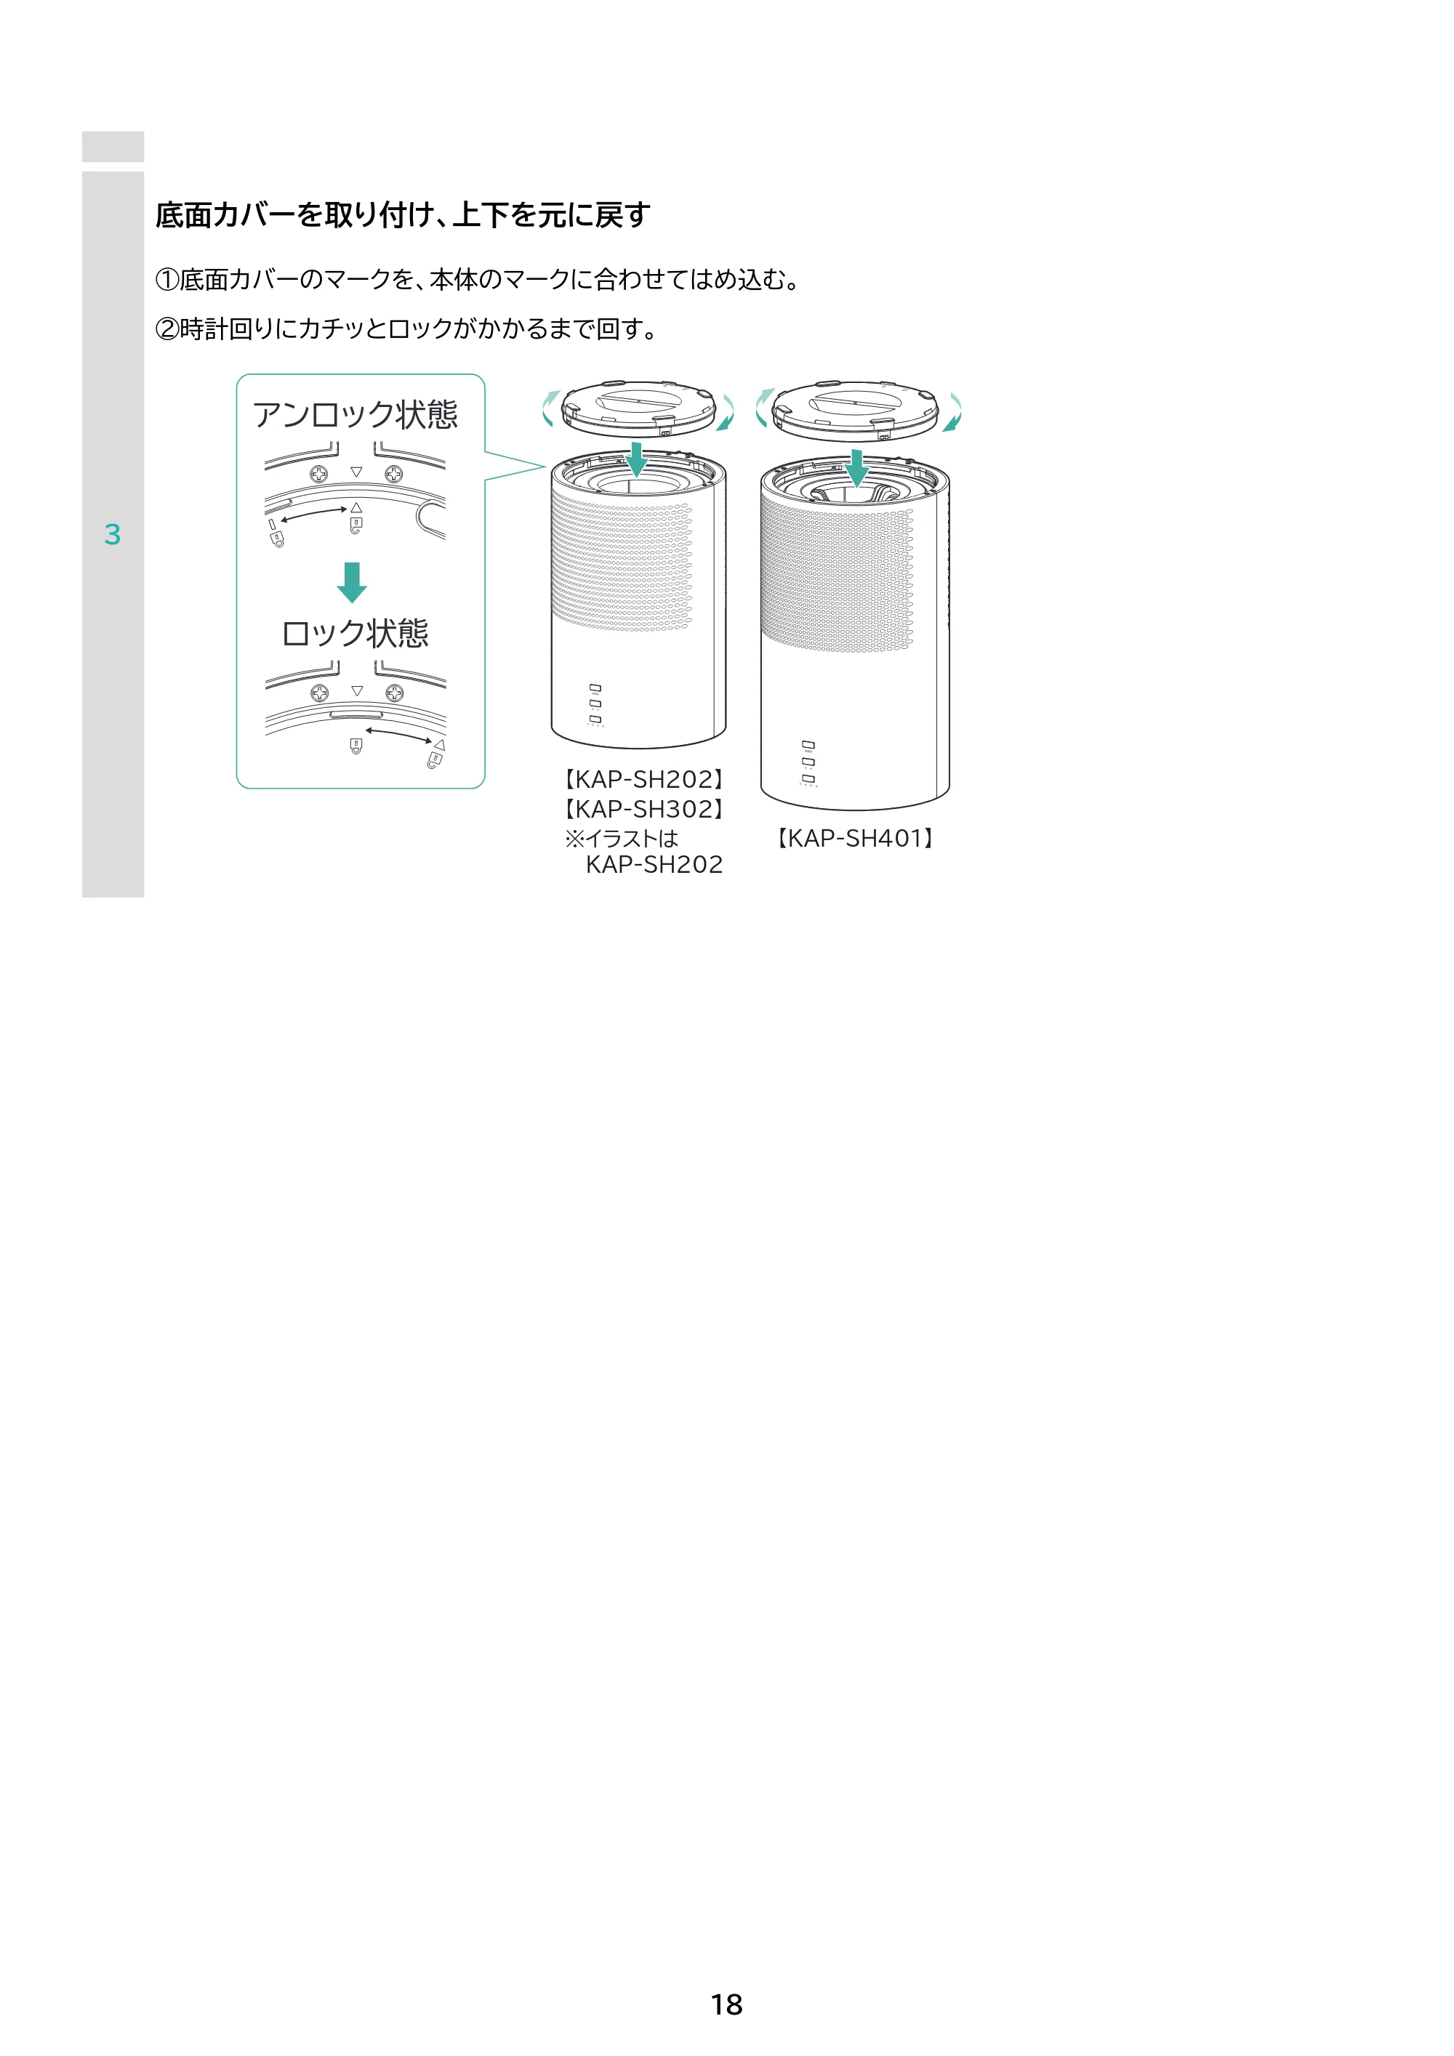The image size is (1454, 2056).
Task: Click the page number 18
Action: point(726,2004)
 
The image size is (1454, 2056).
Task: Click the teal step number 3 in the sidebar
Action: point(112,535)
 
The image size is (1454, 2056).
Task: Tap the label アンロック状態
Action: point(356,414)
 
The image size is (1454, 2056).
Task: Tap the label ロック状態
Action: point(356,633)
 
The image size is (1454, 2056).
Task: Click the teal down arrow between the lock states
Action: point(352,582)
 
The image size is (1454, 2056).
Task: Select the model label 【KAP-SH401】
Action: point(856,838)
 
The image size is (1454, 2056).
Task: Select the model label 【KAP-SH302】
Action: point(643,809)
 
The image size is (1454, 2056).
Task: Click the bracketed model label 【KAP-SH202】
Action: point(643,779)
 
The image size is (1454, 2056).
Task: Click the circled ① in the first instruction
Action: point(167,281)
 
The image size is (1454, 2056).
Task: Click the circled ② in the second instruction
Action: point(167,329)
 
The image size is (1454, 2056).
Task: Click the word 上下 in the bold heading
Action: point(481,215)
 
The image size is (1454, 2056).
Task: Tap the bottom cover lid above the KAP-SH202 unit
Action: point(639,409)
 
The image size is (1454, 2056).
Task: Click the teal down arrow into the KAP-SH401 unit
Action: point(857,467)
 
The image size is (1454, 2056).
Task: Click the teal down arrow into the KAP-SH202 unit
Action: point(636,459)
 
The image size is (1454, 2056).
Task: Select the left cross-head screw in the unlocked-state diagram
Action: point(319,474)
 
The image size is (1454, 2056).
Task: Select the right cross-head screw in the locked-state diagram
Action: point(395,693)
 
